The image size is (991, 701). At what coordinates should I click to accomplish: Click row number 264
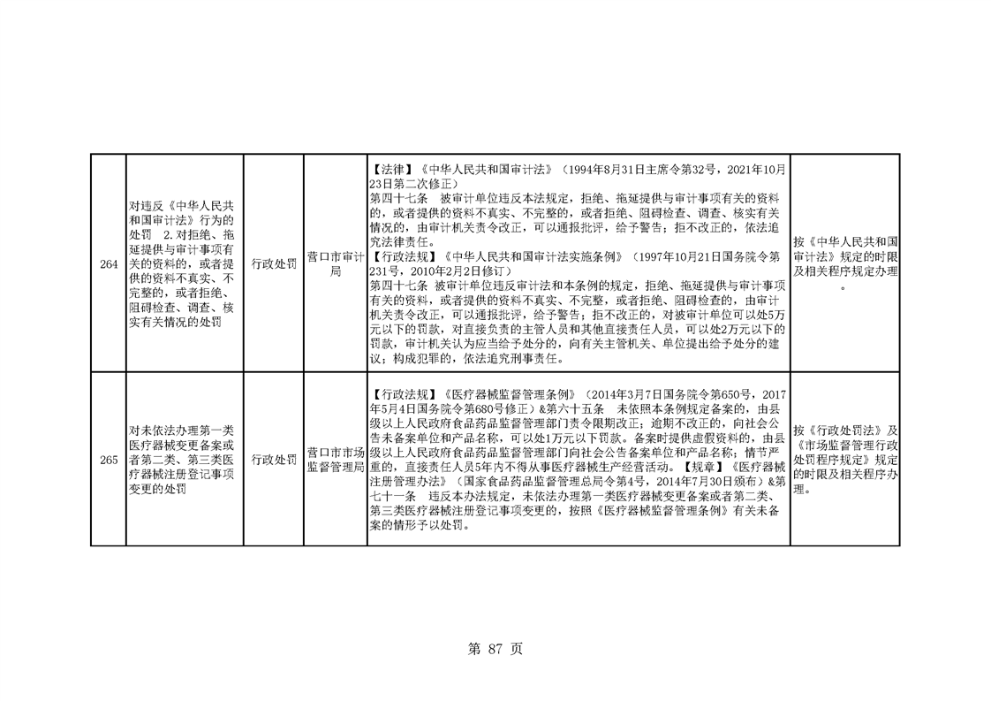coord(109,263)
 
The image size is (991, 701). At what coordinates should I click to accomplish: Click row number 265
coord(109,460)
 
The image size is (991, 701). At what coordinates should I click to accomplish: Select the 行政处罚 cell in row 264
coord(274,263)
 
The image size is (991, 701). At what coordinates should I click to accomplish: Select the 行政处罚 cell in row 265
coord(274,460)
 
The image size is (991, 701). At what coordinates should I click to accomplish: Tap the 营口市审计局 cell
coord(336,263)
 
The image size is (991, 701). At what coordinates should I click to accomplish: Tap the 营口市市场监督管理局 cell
coord(336,460)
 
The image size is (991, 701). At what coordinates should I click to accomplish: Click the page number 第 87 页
coord(495,649)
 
